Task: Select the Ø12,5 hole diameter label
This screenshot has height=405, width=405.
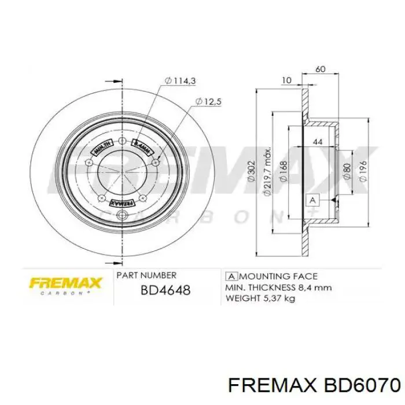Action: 209,101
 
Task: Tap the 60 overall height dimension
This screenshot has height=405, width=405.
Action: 320,69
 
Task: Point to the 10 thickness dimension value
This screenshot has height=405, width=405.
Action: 286,81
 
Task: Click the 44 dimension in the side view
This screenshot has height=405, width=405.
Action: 318,142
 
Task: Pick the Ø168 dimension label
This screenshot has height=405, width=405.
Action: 282,171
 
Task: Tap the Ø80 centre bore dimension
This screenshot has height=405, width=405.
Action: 346,171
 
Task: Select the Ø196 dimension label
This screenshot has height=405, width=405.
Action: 362,171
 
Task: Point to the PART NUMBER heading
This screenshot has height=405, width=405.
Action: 146,275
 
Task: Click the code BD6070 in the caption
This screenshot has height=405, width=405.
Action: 361,385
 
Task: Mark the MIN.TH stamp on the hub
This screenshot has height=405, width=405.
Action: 100,149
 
